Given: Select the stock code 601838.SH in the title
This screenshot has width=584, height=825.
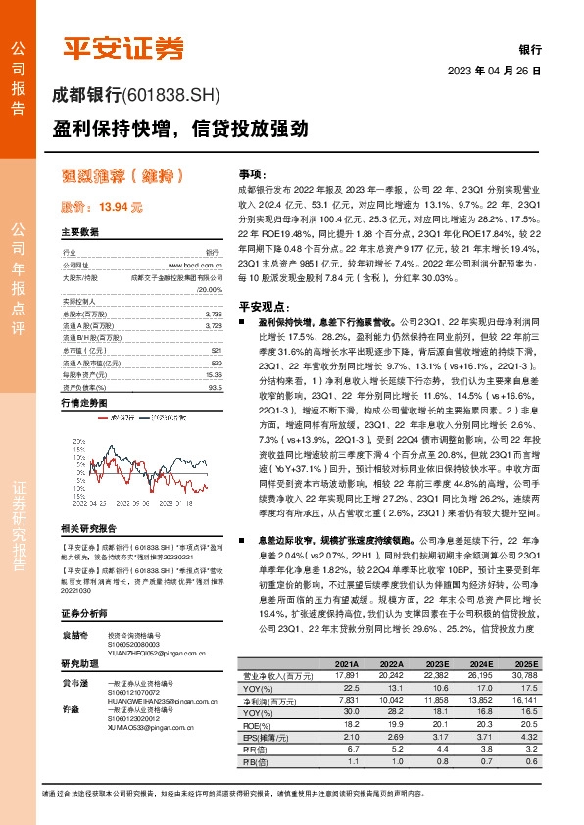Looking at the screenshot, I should (x=174, y=96).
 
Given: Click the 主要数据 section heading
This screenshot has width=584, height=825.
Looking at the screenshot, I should (x=79, y=233).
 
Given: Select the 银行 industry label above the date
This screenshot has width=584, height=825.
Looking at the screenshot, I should (x=530, y=49).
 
